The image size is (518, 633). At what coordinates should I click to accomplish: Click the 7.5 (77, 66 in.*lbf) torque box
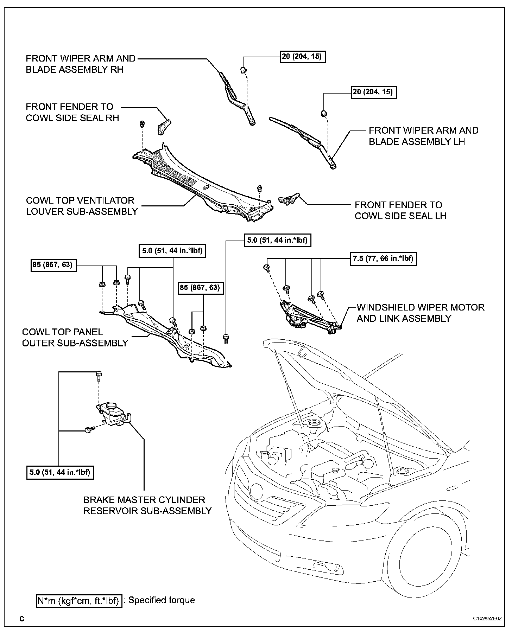383,258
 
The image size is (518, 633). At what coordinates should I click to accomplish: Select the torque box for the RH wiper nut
303,56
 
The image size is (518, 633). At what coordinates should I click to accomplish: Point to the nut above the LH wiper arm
323,113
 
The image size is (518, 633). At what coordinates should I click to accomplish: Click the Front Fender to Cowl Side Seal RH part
163,127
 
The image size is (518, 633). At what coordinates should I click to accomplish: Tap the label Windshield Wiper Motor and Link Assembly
421,313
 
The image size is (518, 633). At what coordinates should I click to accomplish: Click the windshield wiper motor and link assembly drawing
310,316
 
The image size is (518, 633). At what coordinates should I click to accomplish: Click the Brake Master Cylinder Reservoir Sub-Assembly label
147,505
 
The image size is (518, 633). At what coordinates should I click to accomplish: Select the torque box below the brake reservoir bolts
60,472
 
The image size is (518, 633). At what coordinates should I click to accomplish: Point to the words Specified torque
161,600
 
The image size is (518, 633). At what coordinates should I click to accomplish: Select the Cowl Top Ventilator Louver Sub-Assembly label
81,206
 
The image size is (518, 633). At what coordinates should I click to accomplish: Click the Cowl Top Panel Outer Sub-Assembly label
75,337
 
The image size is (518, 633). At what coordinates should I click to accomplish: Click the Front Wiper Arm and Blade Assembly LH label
423,136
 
